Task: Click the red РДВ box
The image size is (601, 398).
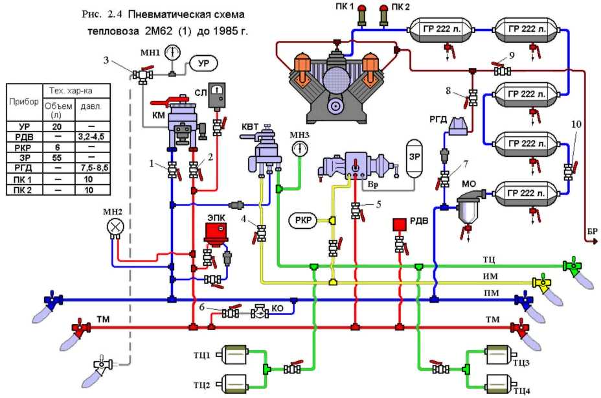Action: [399, 224]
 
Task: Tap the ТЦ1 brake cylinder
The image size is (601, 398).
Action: [238, 355]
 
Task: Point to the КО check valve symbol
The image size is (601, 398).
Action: [260, 312]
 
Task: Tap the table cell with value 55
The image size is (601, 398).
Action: [57, 157]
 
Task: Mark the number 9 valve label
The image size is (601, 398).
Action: [512, 55]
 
